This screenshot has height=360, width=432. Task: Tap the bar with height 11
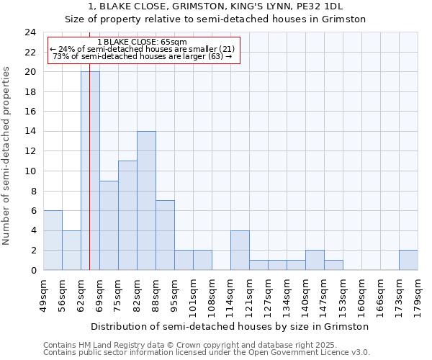(127, 215)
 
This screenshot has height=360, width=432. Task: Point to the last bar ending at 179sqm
(408, 260)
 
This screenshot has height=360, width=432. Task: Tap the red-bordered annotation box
(143, 50)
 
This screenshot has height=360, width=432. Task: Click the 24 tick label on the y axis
(30, 32)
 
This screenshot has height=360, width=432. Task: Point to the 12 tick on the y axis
(30, 151)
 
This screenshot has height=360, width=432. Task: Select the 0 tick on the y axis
(33, 270)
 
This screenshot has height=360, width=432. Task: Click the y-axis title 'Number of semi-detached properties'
(7, 156)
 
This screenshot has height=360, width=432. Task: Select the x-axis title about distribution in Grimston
(230, 326)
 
